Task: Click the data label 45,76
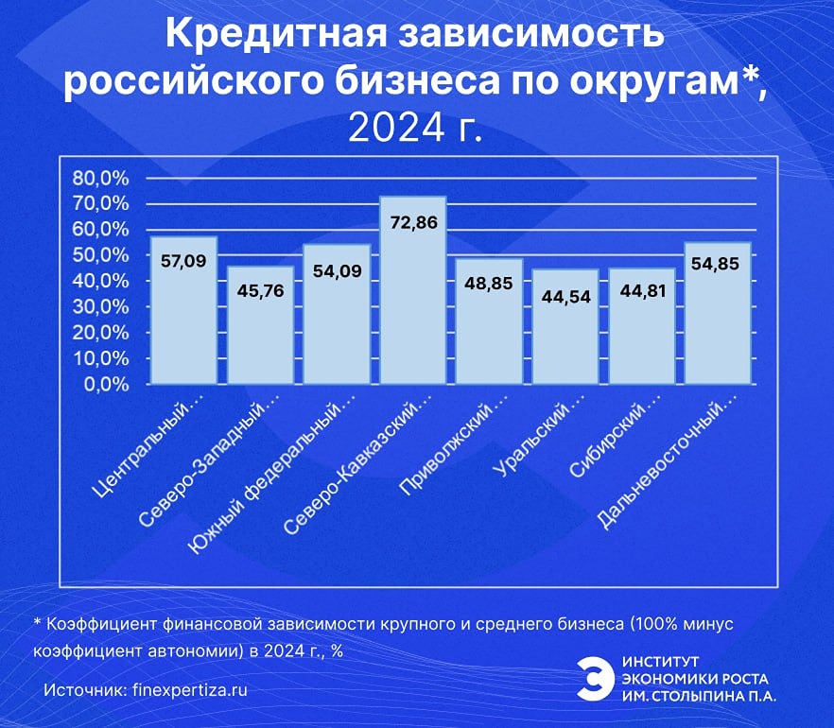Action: click(260, 290)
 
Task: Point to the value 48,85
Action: click(490, 283)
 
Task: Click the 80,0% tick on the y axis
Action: click(100, 178)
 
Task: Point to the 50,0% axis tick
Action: click(100, 255)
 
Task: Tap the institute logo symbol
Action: click(594, 678)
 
